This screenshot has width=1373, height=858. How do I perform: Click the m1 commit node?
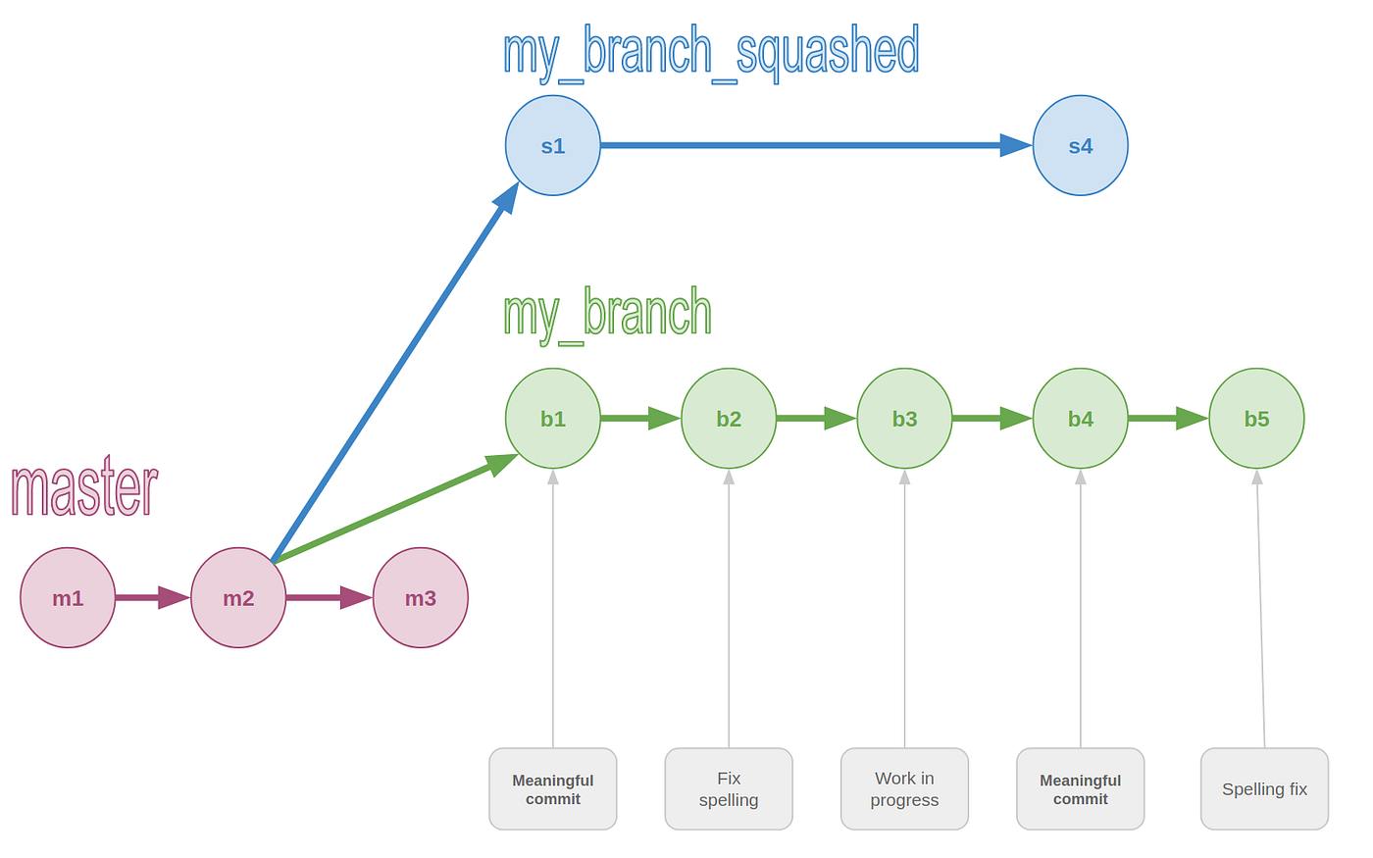[68, 597]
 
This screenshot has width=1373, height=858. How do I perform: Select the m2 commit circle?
[238, 597]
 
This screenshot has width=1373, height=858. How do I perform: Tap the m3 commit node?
[420, 597]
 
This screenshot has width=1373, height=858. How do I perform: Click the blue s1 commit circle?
[552, 145]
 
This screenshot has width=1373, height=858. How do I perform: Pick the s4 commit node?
[1080, 145]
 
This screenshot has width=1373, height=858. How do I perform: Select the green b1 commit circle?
[552, 419]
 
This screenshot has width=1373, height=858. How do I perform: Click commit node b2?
[729, 419]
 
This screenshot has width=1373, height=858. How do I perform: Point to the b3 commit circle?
[904, 419]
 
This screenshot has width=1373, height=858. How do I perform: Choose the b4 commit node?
[1080, 419]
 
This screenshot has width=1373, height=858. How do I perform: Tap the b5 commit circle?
[1256, 419]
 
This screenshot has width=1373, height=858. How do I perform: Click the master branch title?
[84, 487]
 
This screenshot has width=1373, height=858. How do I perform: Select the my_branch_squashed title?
[711, 52]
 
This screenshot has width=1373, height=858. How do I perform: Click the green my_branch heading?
[607, 313]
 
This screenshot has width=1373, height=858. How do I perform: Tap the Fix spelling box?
[729, 788]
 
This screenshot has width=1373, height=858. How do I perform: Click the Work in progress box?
[904, 788]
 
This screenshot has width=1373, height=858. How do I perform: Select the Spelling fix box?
[1264, 788]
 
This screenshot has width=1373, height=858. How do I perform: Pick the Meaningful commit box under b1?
[552, 788]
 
